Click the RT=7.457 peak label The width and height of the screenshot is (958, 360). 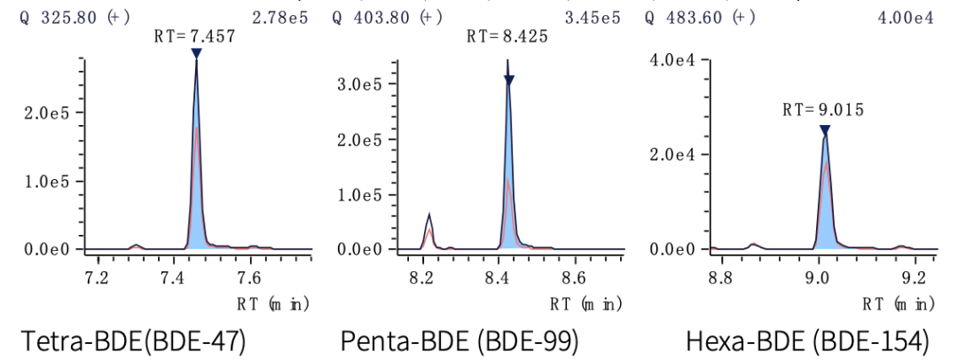click(x=196, y=38)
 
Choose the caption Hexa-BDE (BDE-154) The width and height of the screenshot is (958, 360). click(x=807, y=340)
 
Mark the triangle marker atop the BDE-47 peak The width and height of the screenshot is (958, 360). click(x=196, y=53)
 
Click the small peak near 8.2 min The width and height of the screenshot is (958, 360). click(x=429, y=221)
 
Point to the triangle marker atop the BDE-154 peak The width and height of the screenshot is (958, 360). click(x=825, y=129)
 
